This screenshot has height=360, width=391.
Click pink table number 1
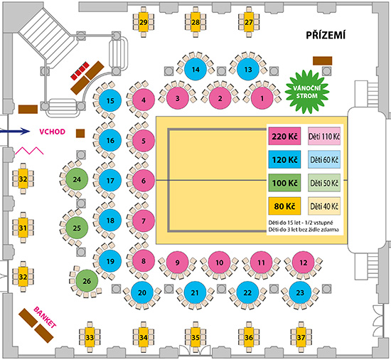coord(262,99)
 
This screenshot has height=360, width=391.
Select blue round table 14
coord(195,69)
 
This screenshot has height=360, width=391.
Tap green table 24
coord(77,179)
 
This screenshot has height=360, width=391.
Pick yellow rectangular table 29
coord(144,22)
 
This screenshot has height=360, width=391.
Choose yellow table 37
coord(301,337)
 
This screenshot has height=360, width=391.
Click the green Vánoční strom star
coord(307,92)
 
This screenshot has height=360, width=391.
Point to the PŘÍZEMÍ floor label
coord(326,35)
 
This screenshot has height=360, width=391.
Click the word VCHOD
coord(53,132)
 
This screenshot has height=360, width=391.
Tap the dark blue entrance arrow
coord(15,131)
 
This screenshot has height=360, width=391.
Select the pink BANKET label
coord(45,317)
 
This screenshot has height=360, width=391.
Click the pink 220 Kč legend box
coord(284,136)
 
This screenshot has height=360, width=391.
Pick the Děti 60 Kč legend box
coord(324,159)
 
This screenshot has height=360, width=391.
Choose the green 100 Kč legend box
coord(284,183)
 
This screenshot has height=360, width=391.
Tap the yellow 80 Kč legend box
coord(284,206)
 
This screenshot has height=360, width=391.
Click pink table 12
coord(304,263)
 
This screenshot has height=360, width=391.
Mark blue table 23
coord(300,292)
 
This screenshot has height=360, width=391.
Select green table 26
coord(87,281)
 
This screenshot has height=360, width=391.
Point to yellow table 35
coord(195,337)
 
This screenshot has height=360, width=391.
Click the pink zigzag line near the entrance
coord(29,151)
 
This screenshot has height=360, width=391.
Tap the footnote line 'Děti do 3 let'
coord(304,230)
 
